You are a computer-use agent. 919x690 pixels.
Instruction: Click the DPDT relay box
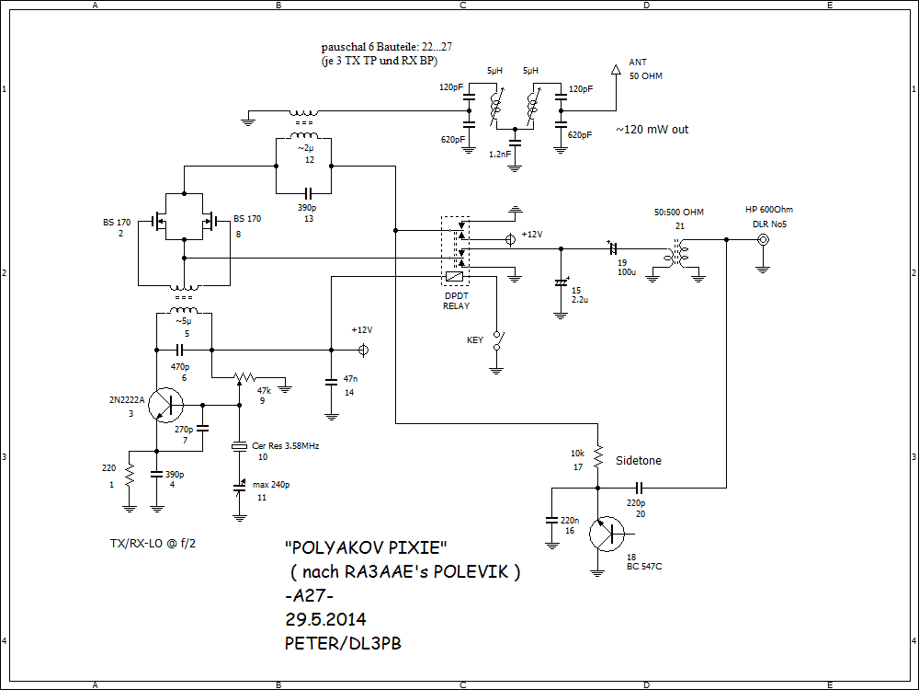456,248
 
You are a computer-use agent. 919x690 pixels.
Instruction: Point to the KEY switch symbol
497,341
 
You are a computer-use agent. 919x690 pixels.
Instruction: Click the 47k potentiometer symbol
244,377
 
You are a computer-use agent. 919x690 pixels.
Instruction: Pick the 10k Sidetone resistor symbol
597,454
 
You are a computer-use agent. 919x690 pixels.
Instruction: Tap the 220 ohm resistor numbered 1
129,476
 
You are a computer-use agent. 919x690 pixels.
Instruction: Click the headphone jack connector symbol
763,241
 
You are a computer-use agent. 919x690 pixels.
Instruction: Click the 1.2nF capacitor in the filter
515,142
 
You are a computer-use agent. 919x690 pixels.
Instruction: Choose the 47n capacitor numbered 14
331,379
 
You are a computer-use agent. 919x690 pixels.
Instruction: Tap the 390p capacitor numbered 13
304,193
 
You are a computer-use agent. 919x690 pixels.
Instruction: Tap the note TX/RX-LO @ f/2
153,544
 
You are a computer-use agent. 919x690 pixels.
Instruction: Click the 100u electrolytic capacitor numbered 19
611,247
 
